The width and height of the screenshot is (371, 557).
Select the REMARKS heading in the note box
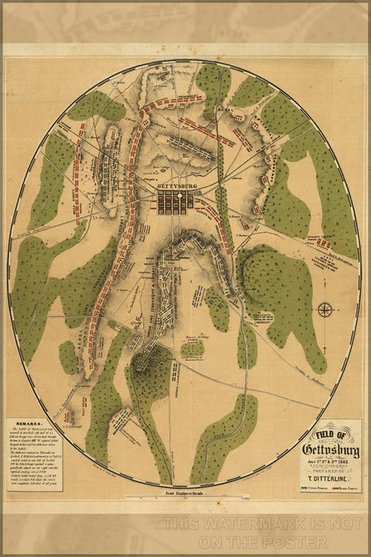[23, 426]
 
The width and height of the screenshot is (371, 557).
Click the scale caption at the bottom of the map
[186, 496]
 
